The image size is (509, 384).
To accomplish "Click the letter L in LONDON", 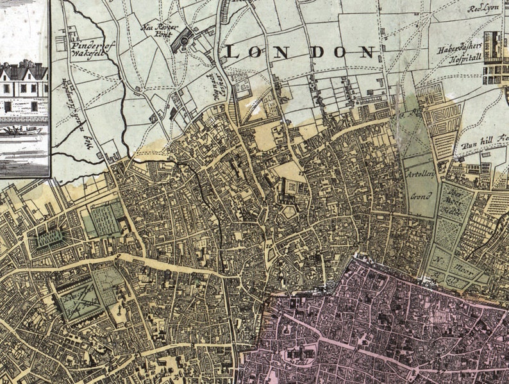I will pyautogui.click(x=232, y=53).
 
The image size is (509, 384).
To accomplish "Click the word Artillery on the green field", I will pyautogui.click(x=417, y=174).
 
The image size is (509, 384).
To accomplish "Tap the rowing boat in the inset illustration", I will pyautogui.click(x=24, y=130).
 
